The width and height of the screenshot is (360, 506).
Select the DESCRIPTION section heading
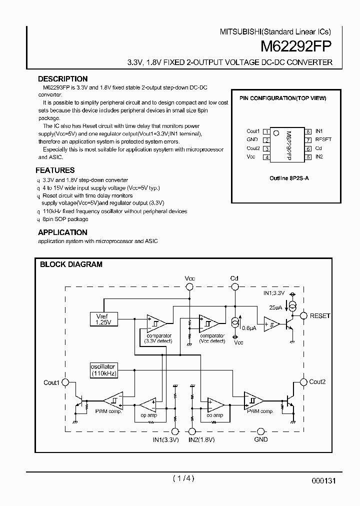62,79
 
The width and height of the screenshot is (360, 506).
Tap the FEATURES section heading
55,170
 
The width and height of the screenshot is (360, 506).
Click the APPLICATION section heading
62,232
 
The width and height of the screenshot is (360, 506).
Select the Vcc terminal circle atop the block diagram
189,287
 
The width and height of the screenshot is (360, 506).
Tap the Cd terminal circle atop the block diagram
234,287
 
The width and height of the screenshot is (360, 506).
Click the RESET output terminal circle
303,316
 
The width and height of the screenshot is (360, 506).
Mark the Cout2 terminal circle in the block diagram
303,382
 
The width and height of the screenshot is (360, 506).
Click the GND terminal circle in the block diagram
260,431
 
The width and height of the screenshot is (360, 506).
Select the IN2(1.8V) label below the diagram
201,439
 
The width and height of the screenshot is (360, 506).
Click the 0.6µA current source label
249,328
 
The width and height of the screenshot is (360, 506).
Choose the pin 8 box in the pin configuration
308,131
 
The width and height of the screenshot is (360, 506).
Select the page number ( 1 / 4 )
183,478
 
